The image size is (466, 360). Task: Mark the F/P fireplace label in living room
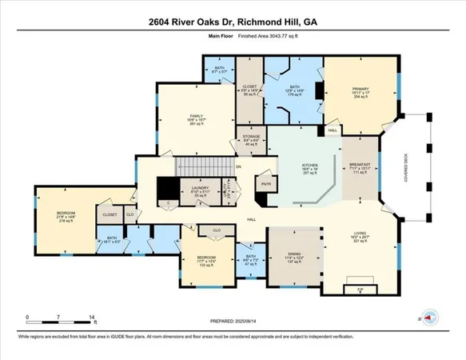pos(360,289)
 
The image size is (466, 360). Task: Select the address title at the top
pos(233,22)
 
